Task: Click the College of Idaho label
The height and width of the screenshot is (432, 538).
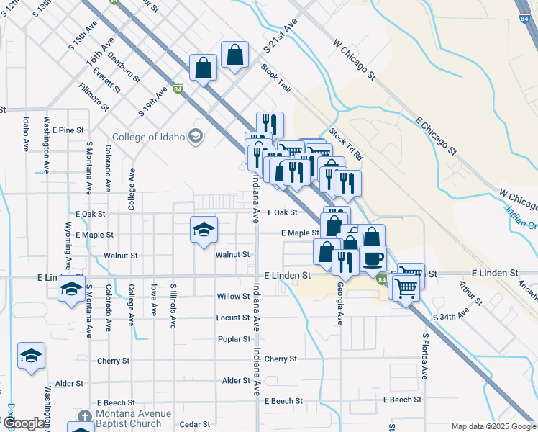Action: point(147,137)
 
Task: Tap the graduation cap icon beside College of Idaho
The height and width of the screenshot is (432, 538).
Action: point(195,136)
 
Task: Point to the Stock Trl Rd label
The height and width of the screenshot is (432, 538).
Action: point(347,145)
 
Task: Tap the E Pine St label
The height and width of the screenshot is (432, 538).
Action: point(68,130)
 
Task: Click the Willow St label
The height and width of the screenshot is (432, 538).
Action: point(233,297)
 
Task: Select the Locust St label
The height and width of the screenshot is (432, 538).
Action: point(233,318)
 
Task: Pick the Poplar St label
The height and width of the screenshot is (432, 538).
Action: point(233,338)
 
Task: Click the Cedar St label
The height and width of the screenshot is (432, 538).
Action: point(194,425)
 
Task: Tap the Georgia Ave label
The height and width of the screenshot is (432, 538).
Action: point(339,302)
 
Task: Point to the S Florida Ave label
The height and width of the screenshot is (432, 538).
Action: point(425,356)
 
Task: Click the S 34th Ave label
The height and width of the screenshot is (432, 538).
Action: point(450,315)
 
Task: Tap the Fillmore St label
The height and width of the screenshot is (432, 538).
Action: point(94,97)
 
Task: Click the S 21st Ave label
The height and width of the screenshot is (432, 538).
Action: point(280,37)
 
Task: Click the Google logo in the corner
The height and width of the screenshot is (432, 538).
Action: point(23,423)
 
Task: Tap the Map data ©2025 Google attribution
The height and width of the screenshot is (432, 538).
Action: point(493,426)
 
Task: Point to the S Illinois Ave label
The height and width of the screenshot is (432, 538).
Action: point(173,306)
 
